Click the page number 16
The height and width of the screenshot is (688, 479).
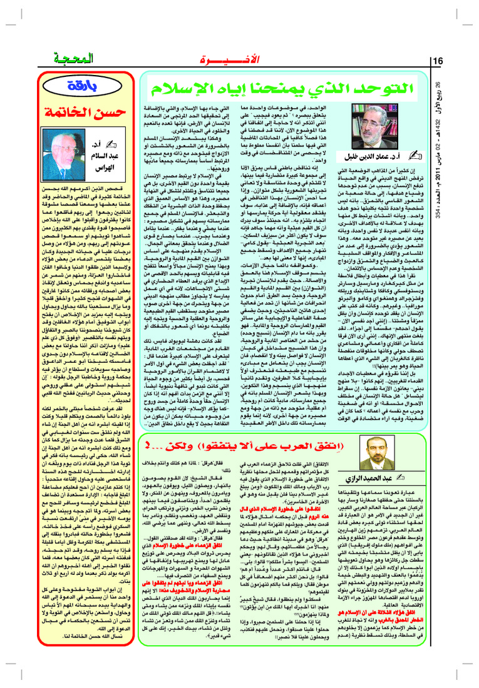pos(438,61)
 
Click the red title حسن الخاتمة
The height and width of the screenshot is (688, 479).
pos(87,111)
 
